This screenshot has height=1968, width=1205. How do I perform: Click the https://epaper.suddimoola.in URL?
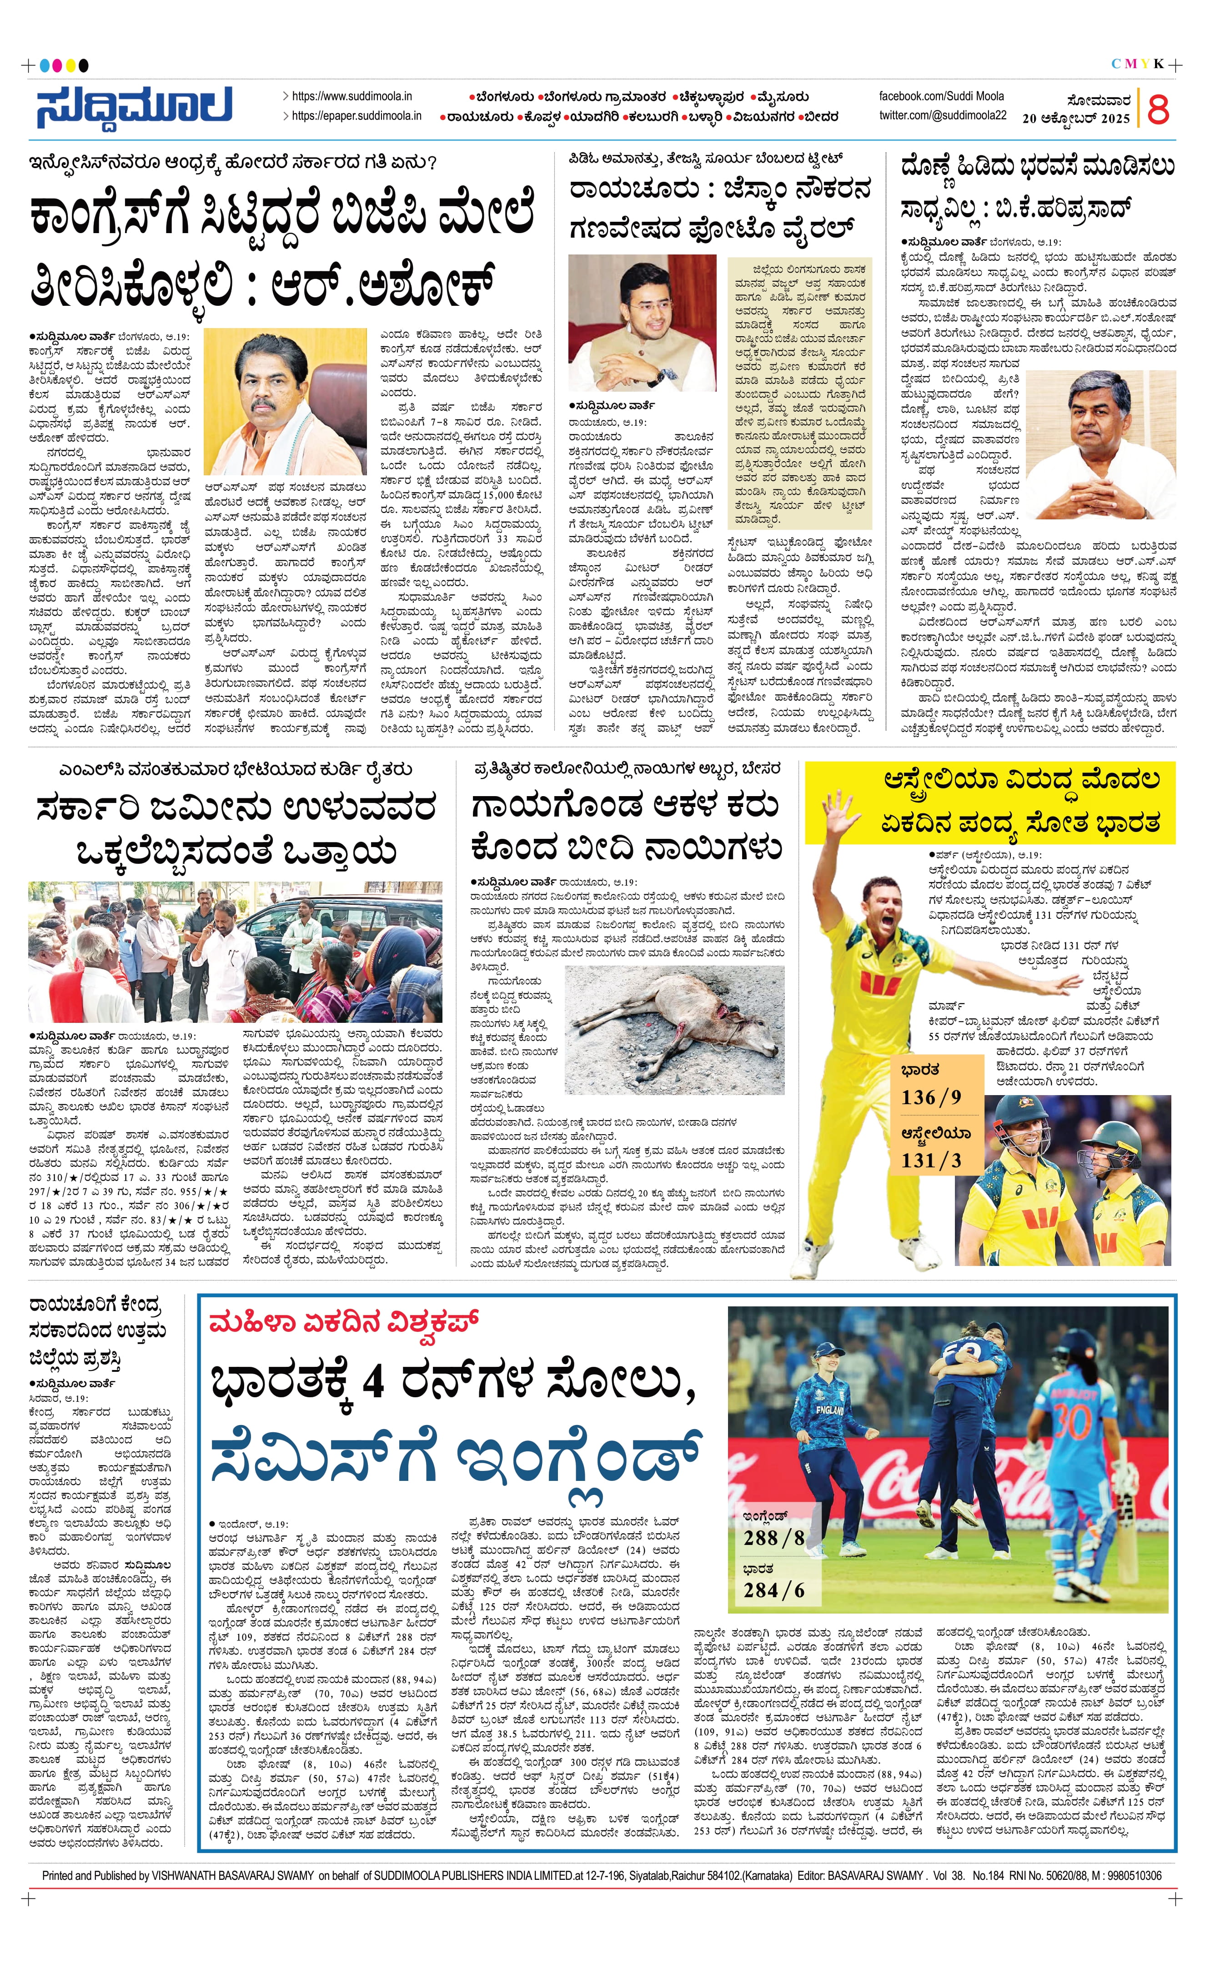[x=356, y=116]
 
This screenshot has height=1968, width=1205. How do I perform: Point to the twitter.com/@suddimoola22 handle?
[x=943, y=116]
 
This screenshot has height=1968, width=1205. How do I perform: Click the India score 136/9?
[x=930, y=1096]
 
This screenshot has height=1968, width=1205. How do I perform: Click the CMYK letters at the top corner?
[x=1137, y=64]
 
